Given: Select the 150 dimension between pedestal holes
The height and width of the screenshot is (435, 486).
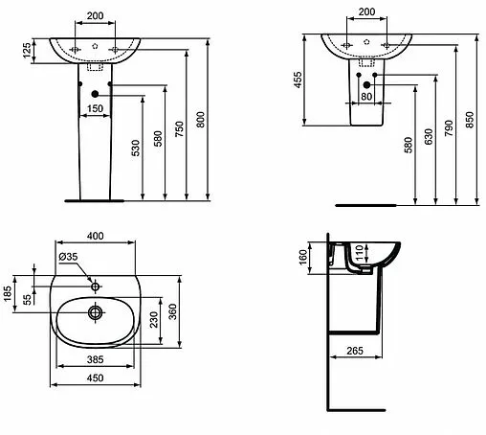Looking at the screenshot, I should tap(94, 108).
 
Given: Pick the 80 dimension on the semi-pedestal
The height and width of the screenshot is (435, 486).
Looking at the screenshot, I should tap(366, 97).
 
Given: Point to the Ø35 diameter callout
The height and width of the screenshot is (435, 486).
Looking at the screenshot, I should tap(68, 258).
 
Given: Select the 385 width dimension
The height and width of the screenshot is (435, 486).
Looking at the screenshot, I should tap(94, 357).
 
